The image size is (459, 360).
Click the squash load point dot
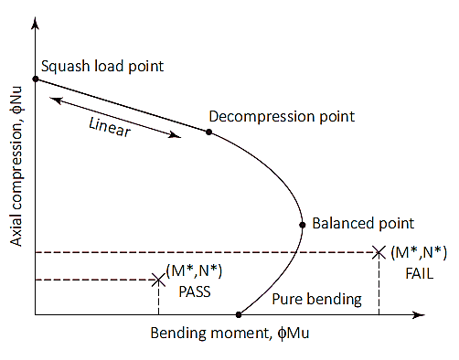point(36,79)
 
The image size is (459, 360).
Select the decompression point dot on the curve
point(208,132)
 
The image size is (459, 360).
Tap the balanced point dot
point(303,225)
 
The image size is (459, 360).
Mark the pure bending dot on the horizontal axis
point(239,314)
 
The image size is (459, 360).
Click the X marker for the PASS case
point(158,280)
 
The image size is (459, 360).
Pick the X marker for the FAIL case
point(379,252)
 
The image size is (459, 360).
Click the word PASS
point(195,291)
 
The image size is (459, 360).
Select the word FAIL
point(419,273)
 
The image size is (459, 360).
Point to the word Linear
point(110,127)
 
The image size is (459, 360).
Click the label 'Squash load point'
point(102,67)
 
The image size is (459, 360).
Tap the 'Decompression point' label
point(282,117)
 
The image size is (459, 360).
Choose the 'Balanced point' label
point(363,224)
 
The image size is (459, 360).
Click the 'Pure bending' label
point(316,300)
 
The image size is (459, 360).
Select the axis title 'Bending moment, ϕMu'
point(229,334)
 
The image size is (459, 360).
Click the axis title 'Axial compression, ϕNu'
point(16,166)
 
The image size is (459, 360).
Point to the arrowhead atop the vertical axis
point(36,23)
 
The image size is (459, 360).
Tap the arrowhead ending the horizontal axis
point(419,315)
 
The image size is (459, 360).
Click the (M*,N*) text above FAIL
point(419,252)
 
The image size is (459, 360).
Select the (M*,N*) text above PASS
point(194,270)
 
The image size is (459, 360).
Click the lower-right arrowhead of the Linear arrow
point(176,135)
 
